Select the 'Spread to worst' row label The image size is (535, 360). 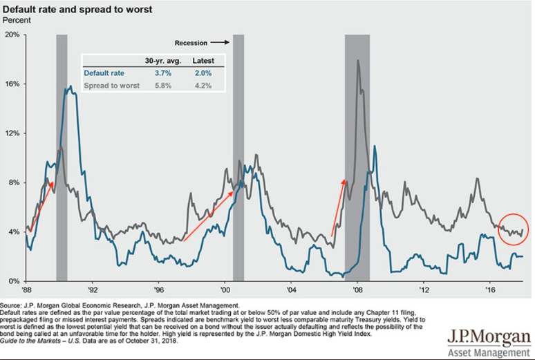click(x=111, y=86)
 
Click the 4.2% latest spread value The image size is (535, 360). click(x=202, y=86)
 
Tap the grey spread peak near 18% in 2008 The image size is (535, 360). click(x=357, y=61)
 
